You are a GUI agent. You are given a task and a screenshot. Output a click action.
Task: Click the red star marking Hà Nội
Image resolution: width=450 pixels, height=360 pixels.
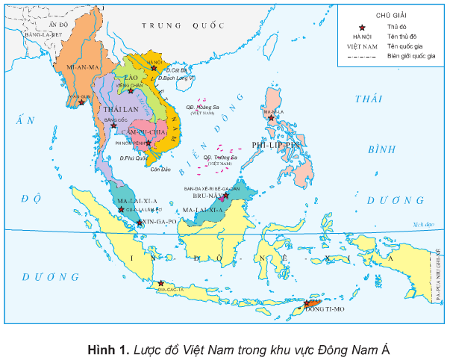point(154,68)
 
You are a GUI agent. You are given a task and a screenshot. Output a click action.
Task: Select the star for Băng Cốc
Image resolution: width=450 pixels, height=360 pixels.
point(113,125)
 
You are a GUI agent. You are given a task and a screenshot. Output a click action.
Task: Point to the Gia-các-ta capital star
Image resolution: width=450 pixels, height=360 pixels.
point(160,283)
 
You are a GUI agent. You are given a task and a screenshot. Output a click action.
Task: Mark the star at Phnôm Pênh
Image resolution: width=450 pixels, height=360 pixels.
point(149,143)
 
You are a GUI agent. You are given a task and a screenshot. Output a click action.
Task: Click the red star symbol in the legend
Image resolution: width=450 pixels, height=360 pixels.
point(363,26)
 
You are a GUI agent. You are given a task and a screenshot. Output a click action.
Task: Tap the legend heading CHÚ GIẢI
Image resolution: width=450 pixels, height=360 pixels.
point(391,13)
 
